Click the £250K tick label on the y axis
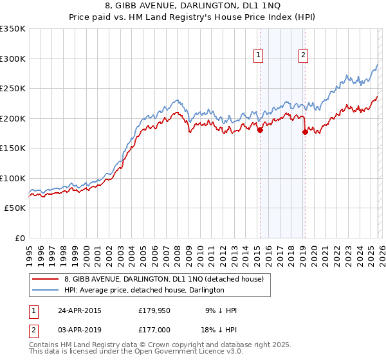[13, 88]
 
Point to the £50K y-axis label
[15, 208]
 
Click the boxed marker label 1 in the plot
[258, 55]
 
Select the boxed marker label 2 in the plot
[302, 55]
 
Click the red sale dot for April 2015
[260, 130]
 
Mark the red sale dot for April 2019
[305, 132]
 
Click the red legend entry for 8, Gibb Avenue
[164, 279]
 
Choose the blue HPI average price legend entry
[144, 290]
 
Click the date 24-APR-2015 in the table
[80, 310]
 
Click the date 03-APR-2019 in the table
[80, 331]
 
